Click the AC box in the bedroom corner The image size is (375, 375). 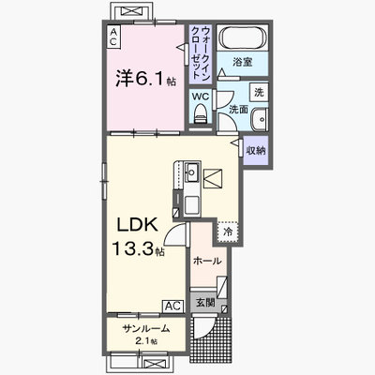point(113,37)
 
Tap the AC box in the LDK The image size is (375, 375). point(172,306)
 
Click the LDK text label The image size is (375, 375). point(137,225)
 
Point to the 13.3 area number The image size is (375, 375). point(133,249)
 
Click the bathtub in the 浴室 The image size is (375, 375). point(243,37)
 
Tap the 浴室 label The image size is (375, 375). point(243,62)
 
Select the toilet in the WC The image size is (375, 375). point(201,113)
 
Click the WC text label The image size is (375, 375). point(200,97)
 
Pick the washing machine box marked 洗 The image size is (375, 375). point(259,92)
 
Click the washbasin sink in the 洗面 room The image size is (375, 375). point(259,119)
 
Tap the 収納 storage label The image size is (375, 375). point(256,151)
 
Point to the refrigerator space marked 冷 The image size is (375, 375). point(229,232)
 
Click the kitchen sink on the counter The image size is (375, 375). point(190,172)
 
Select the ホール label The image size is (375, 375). point(207,261)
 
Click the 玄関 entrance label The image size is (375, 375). point(205,302)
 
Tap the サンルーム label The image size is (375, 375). point(146,328)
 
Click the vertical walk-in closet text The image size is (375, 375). point(201,52)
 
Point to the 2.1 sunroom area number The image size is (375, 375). point(142,340)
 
